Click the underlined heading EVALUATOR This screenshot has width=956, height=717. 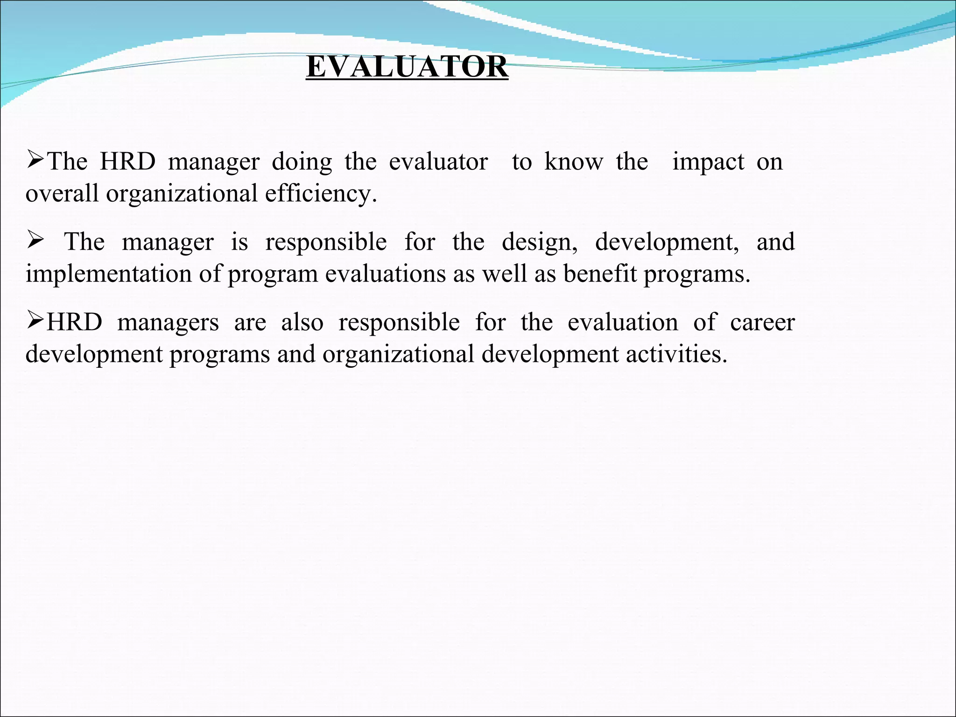pyautogui.click(x=407, y=67)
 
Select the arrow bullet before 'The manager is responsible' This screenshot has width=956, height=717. pyautogui.click(x=35, y=241)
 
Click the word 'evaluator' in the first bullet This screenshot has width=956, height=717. pyautogui.click(x=438, y=162)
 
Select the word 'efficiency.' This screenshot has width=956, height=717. pyautogui.click(x=321, y=194)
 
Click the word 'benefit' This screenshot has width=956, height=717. pyautogui.click(x=599, y=274)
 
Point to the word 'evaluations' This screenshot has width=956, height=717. pyautogui.click(x=386, y=274)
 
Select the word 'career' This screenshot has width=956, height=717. pyautogui.click(x=762, y=323)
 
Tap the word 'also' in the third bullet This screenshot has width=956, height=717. pyautogui.click(x=302, y=323)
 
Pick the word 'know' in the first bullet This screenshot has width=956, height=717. pyautogui.click(x=574, y=162)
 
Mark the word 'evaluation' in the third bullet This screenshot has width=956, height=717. pyautogui.click(x=623, y=323)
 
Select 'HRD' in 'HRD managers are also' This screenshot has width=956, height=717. pyautogui.click(x=74, y=323)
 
